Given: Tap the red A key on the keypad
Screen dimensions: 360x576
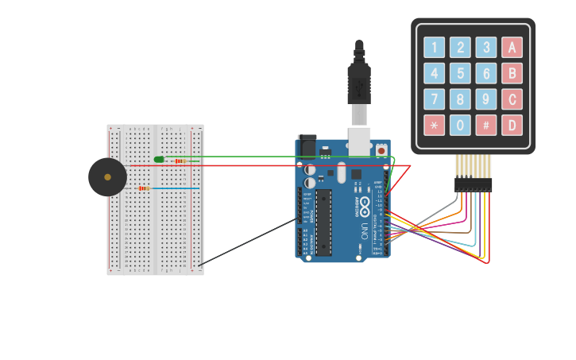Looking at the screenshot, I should click(x=512, y=47).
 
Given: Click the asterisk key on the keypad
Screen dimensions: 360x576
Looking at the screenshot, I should click(x=434, y=125).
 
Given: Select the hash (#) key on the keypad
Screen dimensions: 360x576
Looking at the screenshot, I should click(x=485, y=125).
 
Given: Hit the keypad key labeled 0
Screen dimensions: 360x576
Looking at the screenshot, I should click(x=460, y=125).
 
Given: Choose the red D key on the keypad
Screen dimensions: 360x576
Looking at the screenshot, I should click(x=512, y=125).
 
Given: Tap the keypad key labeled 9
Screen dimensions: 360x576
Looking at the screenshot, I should click(x=485, y=99).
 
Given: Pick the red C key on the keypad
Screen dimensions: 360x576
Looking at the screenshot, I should click(x=512, y=99).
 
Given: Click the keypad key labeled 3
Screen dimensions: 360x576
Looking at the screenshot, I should click(x=485, y=47).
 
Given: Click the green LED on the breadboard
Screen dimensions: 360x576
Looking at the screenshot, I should click(x=159, y=160).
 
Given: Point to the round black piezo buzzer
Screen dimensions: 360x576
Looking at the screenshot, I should click(x=107, y=177).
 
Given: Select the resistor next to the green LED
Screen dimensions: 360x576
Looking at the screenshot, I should click(x=180, y=161).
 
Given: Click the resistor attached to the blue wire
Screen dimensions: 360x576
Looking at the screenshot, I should click(x=144, y=188).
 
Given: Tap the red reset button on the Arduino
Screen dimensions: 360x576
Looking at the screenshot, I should click(x=381, y=150).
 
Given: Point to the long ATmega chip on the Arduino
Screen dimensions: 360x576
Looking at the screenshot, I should click(x=323, y=223).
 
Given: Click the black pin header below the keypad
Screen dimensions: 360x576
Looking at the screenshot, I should click(x=473, y=184).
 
